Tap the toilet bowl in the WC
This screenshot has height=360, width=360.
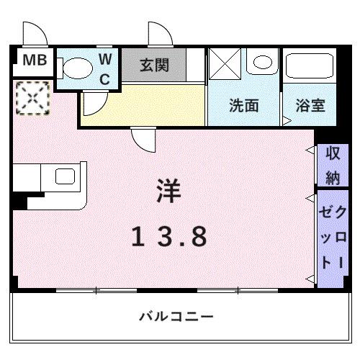point(75,68)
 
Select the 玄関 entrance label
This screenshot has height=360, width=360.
point(154,66)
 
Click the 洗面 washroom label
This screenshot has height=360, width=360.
point(243,105)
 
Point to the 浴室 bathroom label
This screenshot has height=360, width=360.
point(310,105)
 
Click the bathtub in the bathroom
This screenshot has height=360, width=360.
point(310,68)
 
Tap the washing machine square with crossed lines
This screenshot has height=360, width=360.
point(225,66)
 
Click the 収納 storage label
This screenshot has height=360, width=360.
point(332,164)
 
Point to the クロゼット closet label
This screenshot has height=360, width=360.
point(332,238)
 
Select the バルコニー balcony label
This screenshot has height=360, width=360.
point(176,316)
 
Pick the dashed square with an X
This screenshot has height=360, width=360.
point(31,96)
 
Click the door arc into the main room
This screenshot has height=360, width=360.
point(141,139)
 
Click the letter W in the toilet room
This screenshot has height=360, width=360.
point(105,57)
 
